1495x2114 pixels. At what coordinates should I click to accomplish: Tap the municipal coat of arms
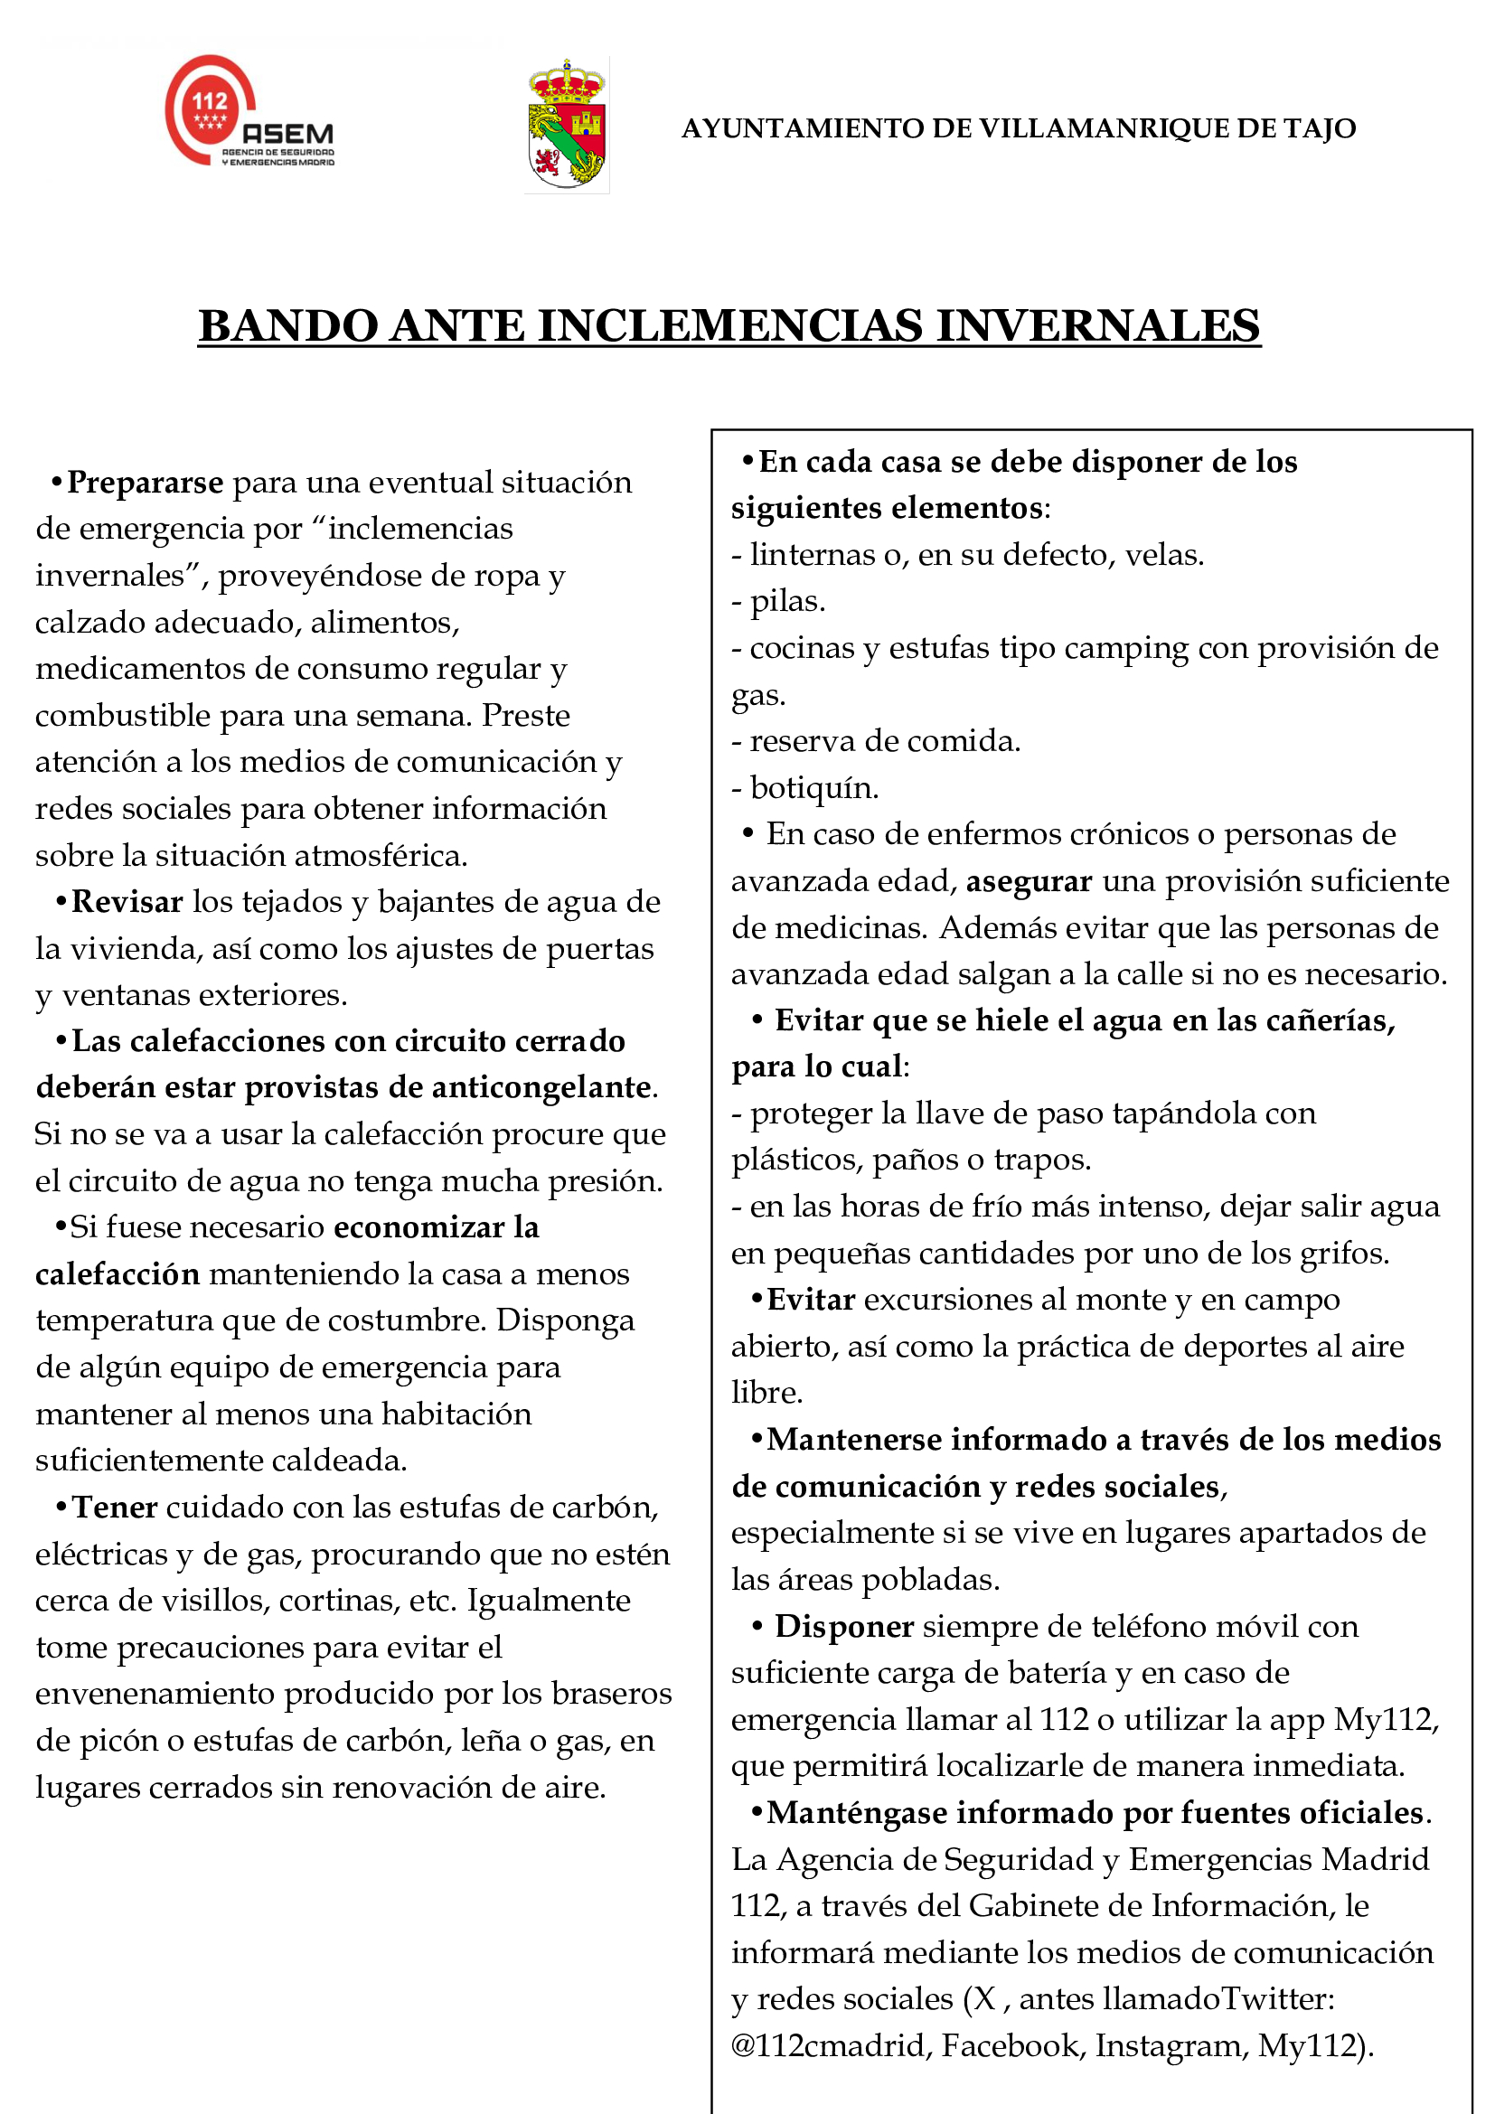[566, 126]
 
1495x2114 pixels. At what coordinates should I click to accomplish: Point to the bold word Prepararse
[146, 483]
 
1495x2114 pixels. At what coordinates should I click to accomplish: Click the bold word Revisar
[127, 902]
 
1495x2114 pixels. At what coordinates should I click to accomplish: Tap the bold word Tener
[115, 1508]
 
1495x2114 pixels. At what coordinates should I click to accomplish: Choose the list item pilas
[787, 601]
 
